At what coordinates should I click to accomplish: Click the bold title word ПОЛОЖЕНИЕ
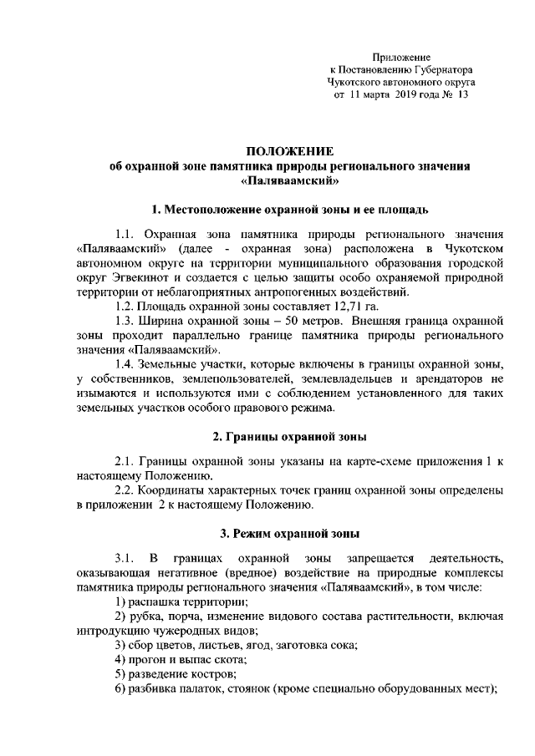pyautogui.click(x=289, y=151)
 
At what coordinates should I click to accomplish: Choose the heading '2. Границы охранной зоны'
pyautogui.click(x=289, y=438)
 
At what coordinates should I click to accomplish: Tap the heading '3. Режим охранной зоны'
pyautogui.click(x=289, y=534)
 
